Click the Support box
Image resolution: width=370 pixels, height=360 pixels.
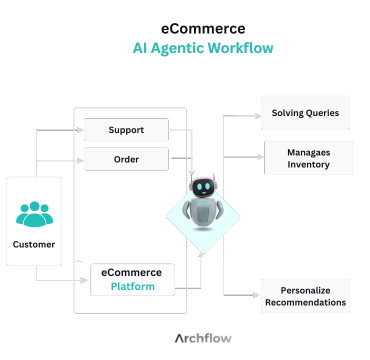tap(125, 130)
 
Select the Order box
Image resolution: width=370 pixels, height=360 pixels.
tap(125, 159)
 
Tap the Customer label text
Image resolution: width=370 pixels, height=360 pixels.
tap(34, 243)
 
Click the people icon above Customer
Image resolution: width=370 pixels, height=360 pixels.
tap(34, 214)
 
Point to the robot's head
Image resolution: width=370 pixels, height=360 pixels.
tap(203, 186)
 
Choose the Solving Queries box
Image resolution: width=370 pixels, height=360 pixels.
tap(305, 113)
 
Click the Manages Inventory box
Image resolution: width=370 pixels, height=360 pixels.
tap(307, 158)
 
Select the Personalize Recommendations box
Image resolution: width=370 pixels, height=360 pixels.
tap(305, 295)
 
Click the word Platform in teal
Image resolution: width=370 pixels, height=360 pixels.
tap(133, 285)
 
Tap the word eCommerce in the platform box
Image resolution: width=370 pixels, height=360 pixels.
tap(133, 271)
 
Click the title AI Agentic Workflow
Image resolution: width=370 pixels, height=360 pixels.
tap(203, 48)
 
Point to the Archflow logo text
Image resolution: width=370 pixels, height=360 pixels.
tap(203, 338)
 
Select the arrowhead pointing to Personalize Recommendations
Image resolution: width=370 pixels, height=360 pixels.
tap(257, 296)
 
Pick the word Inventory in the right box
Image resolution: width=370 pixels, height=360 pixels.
tap(307, 165)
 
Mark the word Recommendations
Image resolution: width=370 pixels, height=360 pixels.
tap(305, 302)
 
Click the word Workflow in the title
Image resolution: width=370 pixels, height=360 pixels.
tap(239, 48)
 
